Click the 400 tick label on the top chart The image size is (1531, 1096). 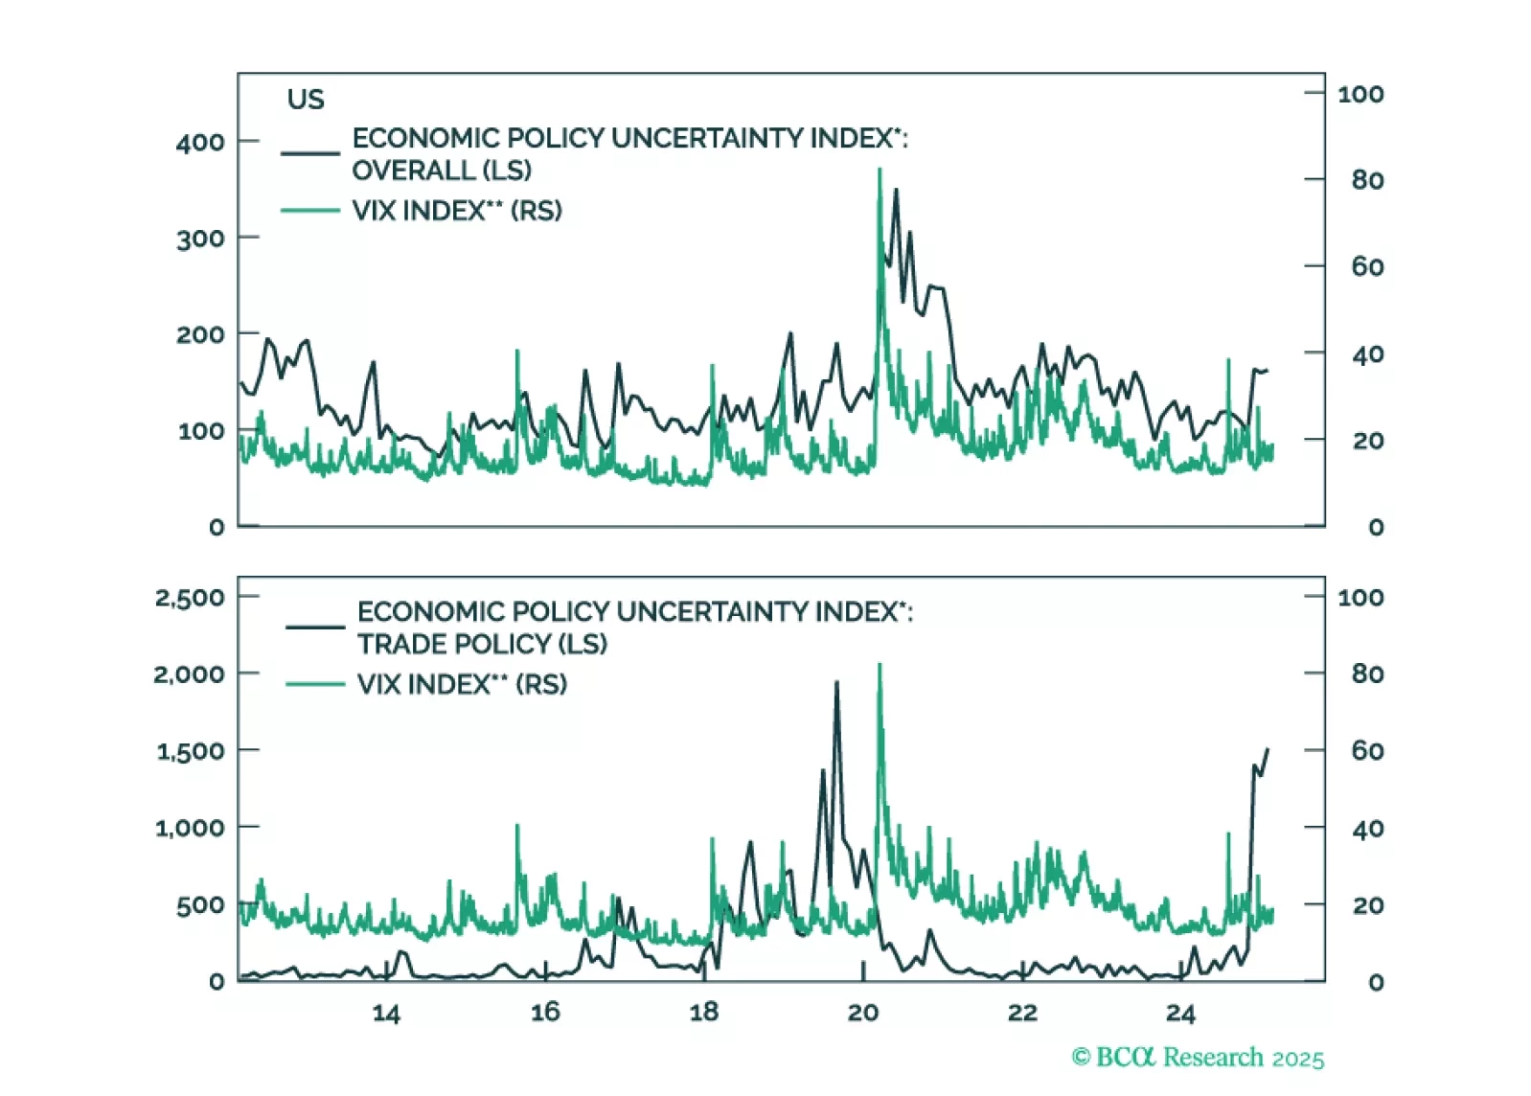[199, 143]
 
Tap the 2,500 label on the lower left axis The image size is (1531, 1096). [189, 598]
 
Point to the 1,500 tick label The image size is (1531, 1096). [190, 751]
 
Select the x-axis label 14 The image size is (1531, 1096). [385, 1014]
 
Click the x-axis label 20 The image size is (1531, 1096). [862, 1014]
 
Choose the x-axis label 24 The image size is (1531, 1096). [1180, 1014]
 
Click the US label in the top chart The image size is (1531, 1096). [306, 100]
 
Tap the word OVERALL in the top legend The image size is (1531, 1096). [413, 171]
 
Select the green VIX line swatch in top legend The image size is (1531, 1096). [310, 211]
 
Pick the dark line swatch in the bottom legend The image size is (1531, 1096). [315, 628]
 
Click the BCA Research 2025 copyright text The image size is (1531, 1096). [1198, 1058]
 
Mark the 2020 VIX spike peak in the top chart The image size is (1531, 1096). [880, 171]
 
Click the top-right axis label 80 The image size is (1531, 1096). [1367, 180]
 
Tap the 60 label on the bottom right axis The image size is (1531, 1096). [1367, 751]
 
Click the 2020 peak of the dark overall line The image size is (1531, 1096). [896, 191]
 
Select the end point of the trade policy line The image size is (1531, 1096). [1268, 750]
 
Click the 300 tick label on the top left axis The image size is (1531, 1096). [199, 239]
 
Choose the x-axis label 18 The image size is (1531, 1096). [703, 1014]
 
